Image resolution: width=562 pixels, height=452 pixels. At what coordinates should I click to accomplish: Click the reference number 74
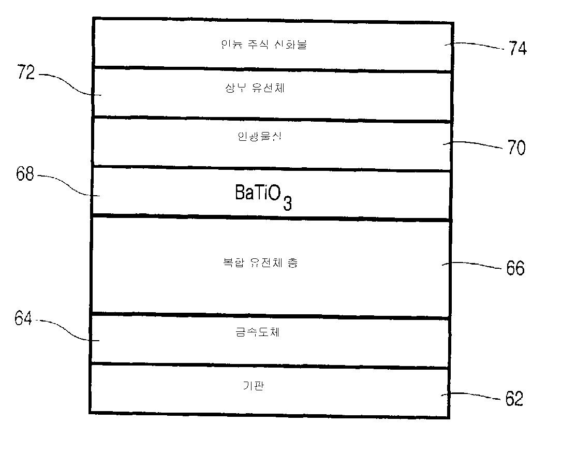tap(517, 49)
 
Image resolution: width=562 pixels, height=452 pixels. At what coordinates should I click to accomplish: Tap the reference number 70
tap(516, 148)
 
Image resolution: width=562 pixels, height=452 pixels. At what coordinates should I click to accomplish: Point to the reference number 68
tap(25, 175)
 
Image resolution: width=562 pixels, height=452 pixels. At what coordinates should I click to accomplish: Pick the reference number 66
tap(515, 268)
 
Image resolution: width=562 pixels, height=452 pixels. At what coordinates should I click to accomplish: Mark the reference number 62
tap(514, 399)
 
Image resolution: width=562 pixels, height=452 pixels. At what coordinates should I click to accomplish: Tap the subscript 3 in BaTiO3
tap(287, 203)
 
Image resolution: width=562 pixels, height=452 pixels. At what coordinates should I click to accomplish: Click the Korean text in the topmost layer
tap(263, 45)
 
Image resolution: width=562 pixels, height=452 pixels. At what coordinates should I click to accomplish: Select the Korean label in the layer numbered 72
tap(255, 89)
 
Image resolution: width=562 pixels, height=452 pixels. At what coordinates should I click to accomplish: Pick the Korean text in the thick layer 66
tap(257, 263)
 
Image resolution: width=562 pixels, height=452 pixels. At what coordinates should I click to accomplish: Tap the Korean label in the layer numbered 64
tap(257, 332)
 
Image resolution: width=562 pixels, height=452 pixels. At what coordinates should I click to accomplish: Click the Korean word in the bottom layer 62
tap(254, 386)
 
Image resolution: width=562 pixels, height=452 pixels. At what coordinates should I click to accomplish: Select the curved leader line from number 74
tap(476, 47)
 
